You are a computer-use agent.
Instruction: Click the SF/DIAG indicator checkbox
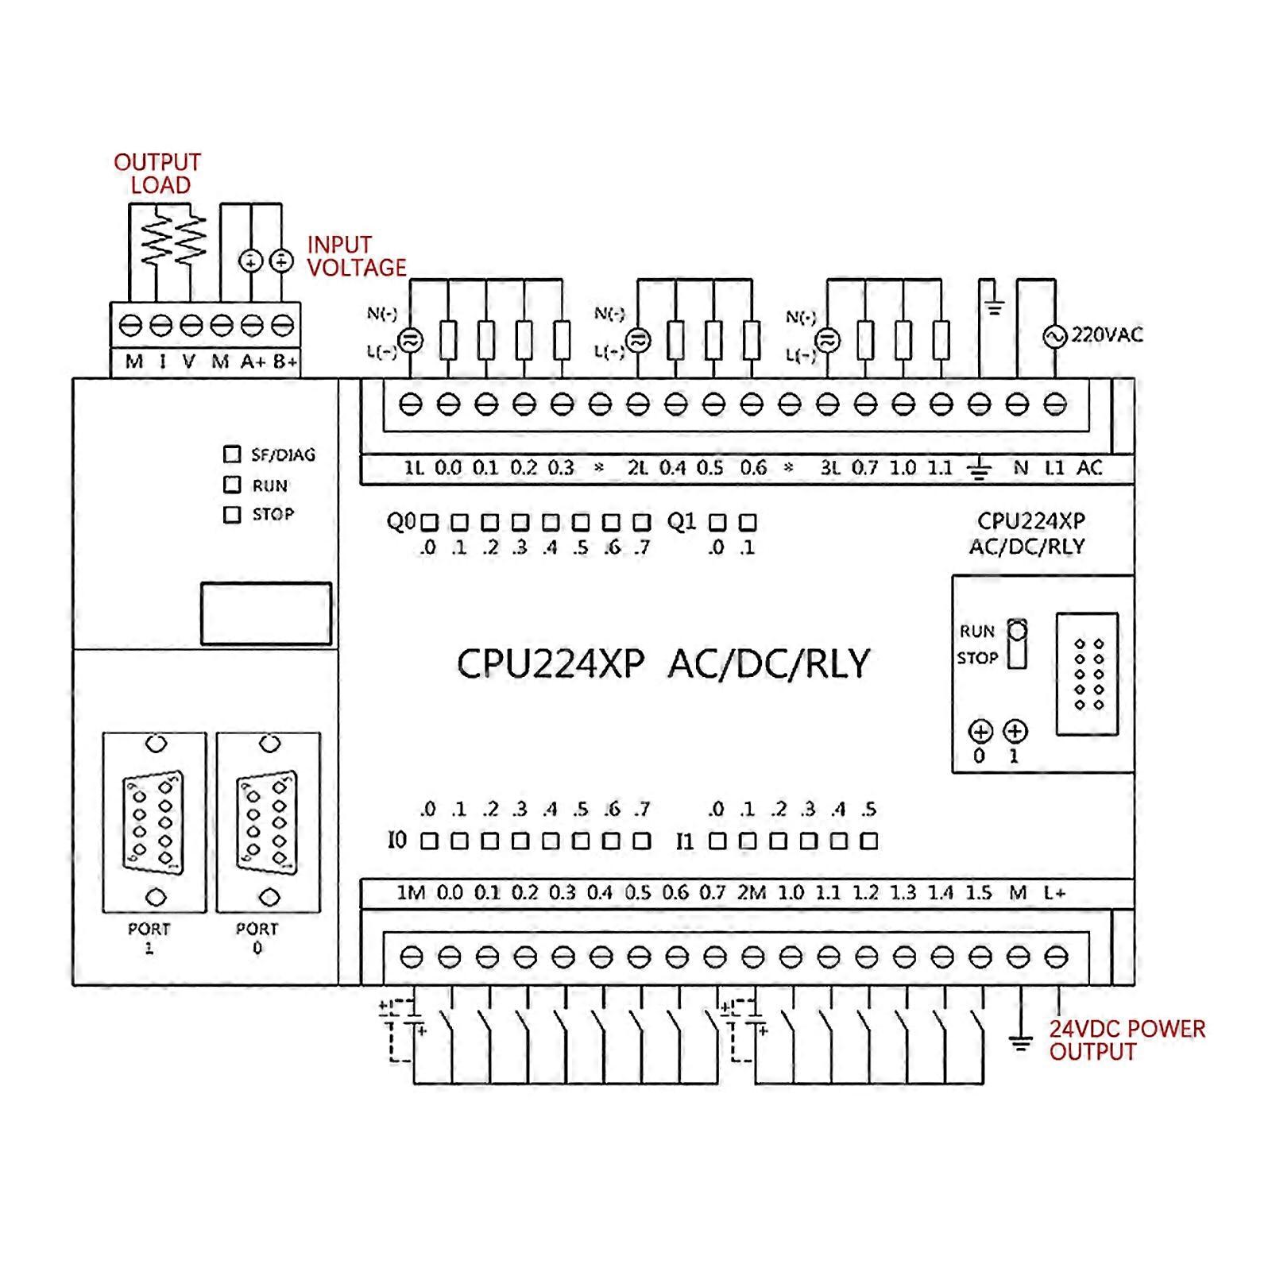click(232, 454)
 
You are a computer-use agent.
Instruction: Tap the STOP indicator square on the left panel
click(232, 515)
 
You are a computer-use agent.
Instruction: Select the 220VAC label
click(1107, 335)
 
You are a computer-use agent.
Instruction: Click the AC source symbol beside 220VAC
click(1054, 337)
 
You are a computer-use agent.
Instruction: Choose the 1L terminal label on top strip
click(414, 468)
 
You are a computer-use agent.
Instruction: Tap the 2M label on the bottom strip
click(751, 893)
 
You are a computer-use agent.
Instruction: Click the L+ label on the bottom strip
click(1054, 893)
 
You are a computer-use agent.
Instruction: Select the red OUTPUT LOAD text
click(157, 174)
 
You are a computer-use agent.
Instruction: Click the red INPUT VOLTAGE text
click(356, 257)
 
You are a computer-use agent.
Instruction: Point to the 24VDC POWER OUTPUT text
click(1126, 1040)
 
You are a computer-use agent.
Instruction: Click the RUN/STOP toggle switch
click(1017, 644)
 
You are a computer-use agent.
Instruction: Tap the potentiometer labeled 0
click(980, 732)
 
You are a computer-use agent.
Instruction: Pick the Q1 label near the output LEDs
click(682, 522)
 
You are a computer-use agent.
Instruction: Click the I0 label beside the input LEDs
click(397, 840)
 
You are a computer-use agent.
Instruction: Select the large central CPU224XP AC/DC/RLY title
click(663, 664)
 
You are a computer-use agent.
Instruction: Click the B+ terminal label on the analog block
click(285, 362)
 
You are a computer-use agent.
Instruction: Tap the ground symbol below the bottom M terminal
click(1019, 1042)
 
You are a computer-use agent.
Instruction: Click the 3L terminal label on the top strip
click(830, 468)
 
